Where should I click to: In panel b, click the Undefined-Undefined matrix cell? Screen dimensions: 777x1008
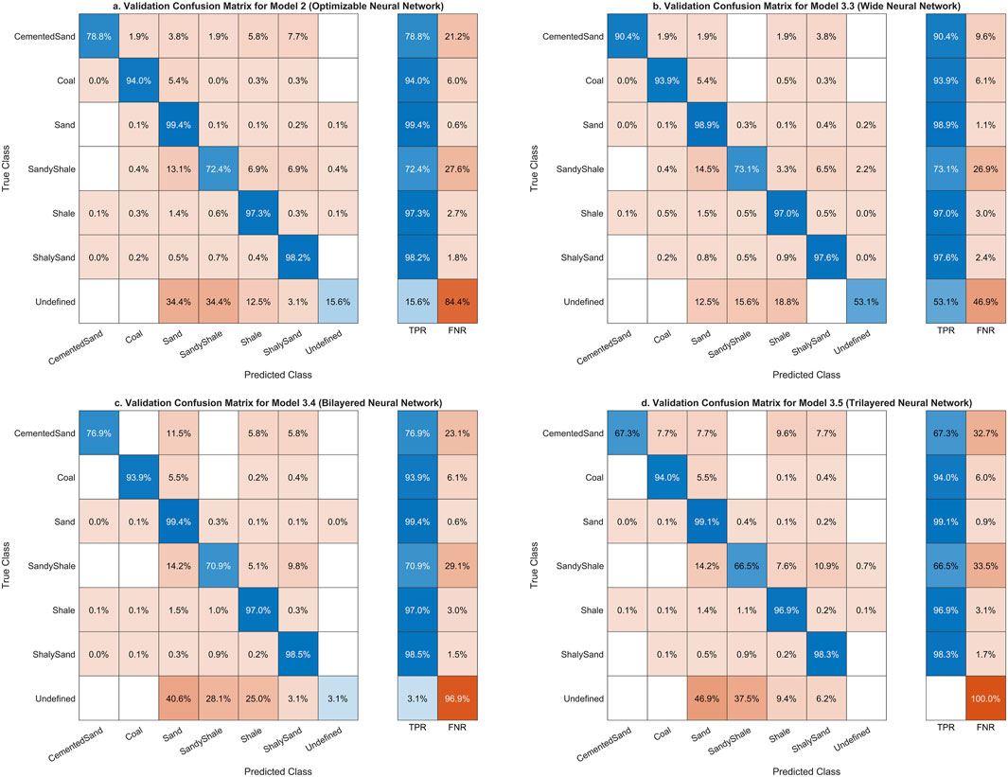point(858,300)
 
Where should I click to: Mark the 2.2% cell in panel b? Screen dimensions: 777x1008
point(858,168)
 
